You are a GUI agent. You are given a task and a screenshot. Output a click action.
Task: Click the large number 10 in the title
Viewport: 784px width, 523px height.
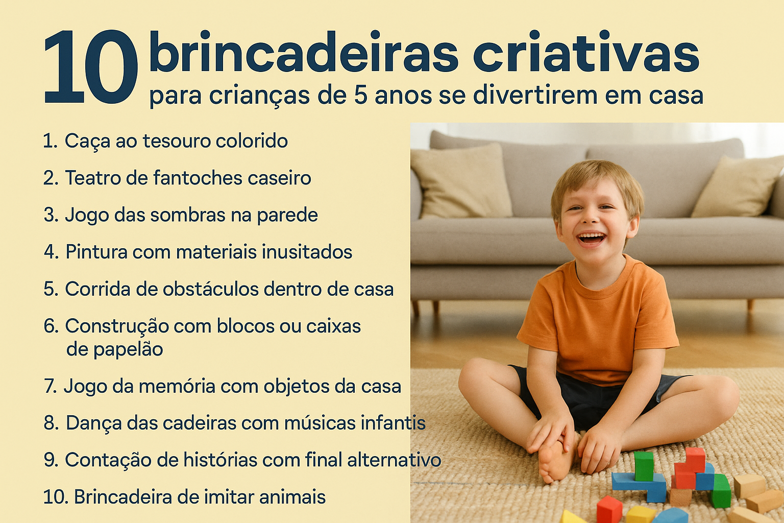[91, 66]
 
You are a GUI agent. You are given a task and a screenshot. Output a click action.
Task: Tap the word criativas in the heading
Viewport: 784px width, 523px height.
[586, 53]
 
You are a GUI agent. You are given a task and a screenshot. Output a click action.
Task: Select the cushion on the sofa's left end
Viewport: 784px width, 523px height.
[461, 181]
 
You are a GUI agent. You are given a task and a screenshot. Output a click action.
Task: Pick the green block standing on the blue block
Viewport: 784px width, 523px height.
[644, 466]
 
